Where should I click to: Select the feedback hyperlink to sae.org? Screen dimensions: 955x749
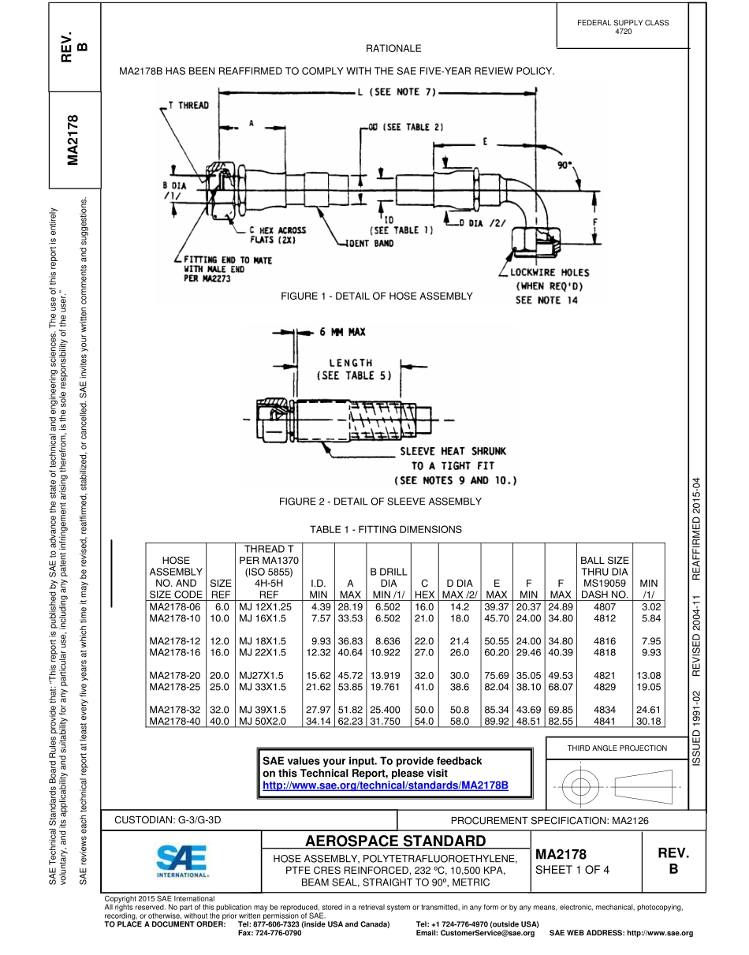[x=385, y=786]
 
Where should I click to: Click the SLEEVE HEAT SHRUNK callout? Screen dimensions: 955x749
[x=453, y=451]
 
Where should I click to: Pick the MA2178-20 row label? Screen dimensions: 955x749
[x=175, y=675]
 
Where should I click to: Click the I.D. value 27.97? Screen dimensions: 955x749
[x=319, y=709]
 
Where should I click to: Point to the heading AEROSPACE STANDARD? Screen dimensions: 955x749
[x=395, y=841]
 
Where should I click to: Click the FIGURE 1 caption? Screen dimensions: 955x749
[x=376, y=296]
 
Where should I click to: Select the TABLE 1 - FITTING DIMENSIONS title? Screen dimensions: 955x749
[x=386, y=530]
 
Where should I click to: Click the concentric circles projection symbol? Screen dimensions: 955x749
[x=580, y=786]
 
